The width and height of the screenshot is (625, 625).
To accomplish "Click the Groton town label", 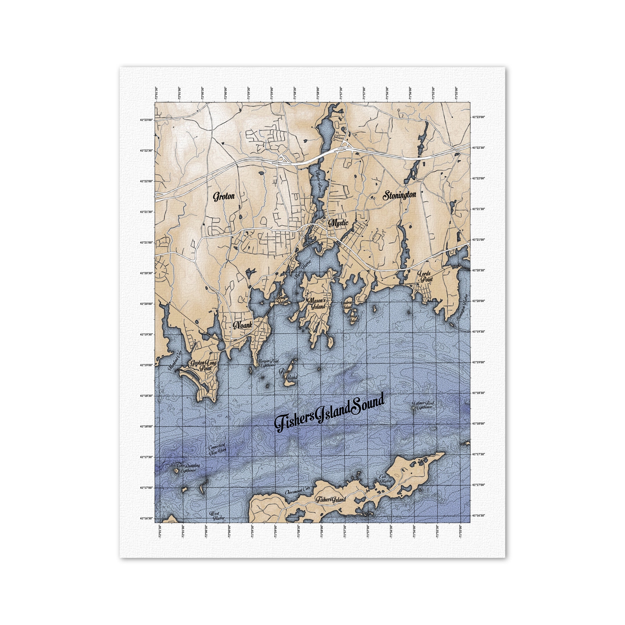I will click(224, 196).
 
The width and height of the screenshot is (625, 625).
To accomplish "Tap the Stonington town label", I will click(399, 195).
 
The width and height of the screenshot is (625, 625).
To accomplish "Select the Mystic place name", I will click(338, 223).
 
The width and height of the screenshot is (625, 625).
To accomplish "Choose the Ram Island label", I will click(290, 375).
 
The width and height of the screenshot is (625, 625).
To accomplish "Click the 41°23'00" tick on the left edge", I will click(147, 120).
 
